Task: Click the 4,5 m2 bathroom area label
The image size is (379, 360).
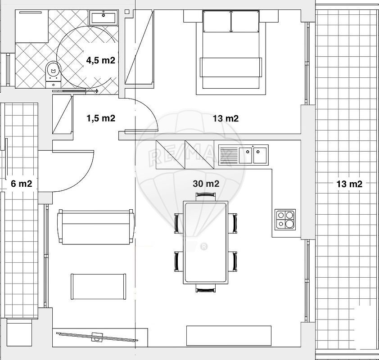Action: coord(100,60)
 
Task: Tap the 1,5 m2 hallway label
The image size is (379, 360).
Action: coord(101,118)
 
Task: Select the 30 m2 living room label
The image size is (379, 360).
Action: coord(206,184)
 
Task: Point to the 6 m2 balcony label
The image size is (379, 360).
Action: coord(21,184)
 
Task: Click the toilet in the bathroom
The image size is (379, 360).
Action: coord(53,74)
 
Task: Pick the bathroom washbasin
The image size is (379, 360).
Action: coord(104,17)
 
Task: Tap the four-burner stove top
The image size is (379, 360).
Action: coord(285,220)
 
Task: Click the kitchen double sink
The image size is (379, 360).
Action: coord(244,155)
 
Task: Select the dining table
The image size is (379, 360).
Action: coord(206,243)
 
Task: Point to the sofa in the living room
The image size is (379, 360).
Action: coord(95,227)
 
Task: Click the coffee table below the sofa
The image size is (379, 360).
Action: coord(99,287)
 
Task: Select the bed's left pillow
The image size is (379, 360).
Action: coord(217,21)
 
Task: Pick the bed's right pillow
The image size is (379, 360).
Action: coord(245,21)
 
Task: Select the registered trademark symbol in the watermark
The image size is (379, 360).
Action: coord(204,247)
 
